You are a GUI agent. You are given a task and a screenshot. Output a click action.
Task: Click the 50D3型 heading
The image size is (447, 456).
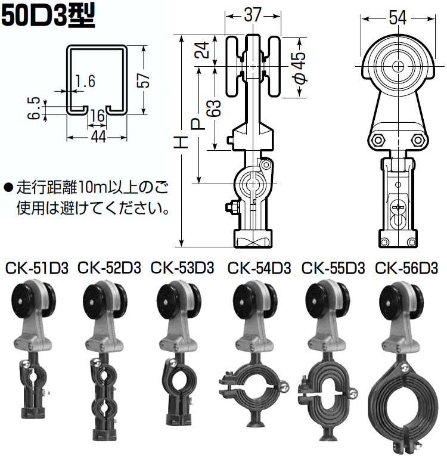tap(48, 17)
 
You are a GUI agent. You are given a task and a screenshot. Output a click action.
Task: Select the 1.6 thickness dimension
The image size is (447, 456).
tap(84, 81)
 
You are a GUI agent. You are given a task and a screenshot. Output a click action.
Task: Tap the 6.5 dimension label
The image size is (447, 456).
tap(34, 108)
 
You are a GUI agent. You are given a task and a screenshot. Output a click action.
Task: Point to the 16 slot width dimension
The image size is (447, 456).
tap(97, 116)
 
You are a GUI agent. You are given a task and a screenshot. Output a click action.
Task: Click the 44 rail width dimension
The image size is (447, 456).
tap(98, 137)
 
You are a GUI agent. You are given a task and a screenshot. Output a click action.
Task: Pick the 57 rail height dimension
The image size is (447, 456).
tap(144, 80)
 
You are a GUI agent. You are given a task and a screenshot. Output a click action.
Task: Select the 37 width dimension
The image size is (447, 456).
tap(253, 15)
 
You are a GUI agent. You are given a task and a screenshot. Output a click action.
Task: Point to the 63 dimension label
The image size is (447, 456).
tap(215, 108)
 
